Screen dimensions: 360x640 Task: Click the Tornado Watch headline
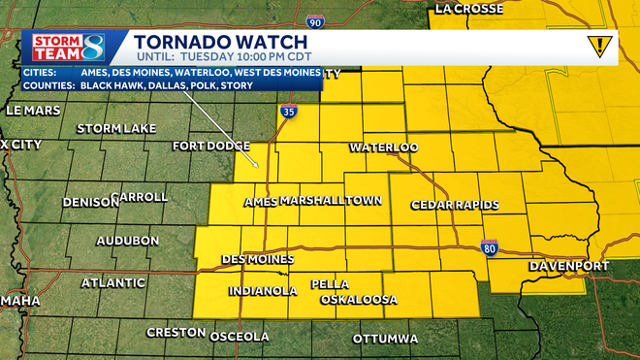221,42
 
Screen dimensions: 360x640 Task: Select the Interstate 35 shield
289,113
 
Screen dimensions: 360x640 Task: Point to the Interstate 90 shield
313,20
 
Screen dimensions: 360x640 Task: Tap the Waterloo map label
383,147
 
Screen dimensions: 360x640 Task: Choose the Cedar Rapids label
455,205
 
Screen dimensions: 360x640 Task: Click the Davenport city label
568,266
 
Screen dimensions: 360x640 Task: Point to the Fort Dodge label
210,147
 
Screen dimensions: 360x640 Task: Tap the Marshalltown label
330,201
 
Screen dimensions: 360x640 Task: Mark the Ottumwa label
385,339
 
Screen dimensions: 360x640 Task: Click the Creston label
176,332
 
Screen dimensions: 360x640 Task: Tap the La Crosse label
470,9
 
